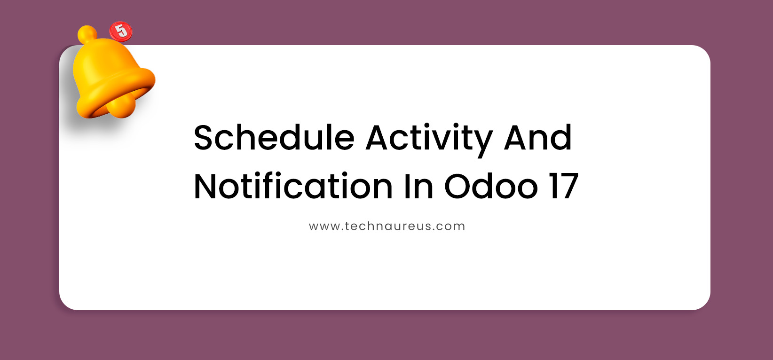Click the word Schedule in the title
tap(274, 138)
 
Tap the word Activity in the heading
tap(429, 139)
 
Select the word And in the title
tap(537, 138)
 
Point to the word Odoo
tap(490, 187)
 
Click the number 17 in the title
tap(563, 187)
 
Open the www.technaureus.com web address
tap(386, 226)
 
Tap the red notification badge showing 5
tap(121, 31)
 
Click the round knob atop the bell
tap(87, 34)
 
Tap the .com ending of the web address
tap(449, 226)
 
